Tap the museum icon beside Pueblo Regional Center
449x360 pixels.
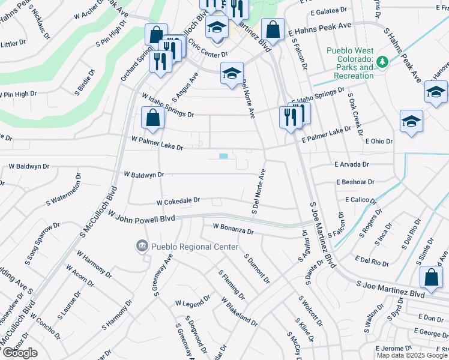142,245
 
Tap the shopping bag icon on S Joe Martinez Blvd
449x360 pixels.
431,277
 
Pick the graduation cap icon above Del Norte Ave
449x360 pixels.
232,73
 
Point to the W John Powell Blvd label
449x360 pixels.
142,220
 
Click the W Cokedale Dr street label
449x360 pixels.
178,202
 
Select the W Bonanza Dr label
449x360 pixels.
234,228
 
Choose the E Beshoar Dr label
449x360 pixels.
355,181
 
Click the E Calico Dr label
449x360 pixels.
360,199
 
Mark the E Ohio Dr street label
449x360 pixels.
378,142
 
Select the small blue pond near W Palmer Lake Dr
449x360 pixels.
224,156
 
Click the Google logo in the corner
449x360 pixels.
20,353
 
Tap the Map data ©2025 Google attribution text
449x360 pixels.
412,355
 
